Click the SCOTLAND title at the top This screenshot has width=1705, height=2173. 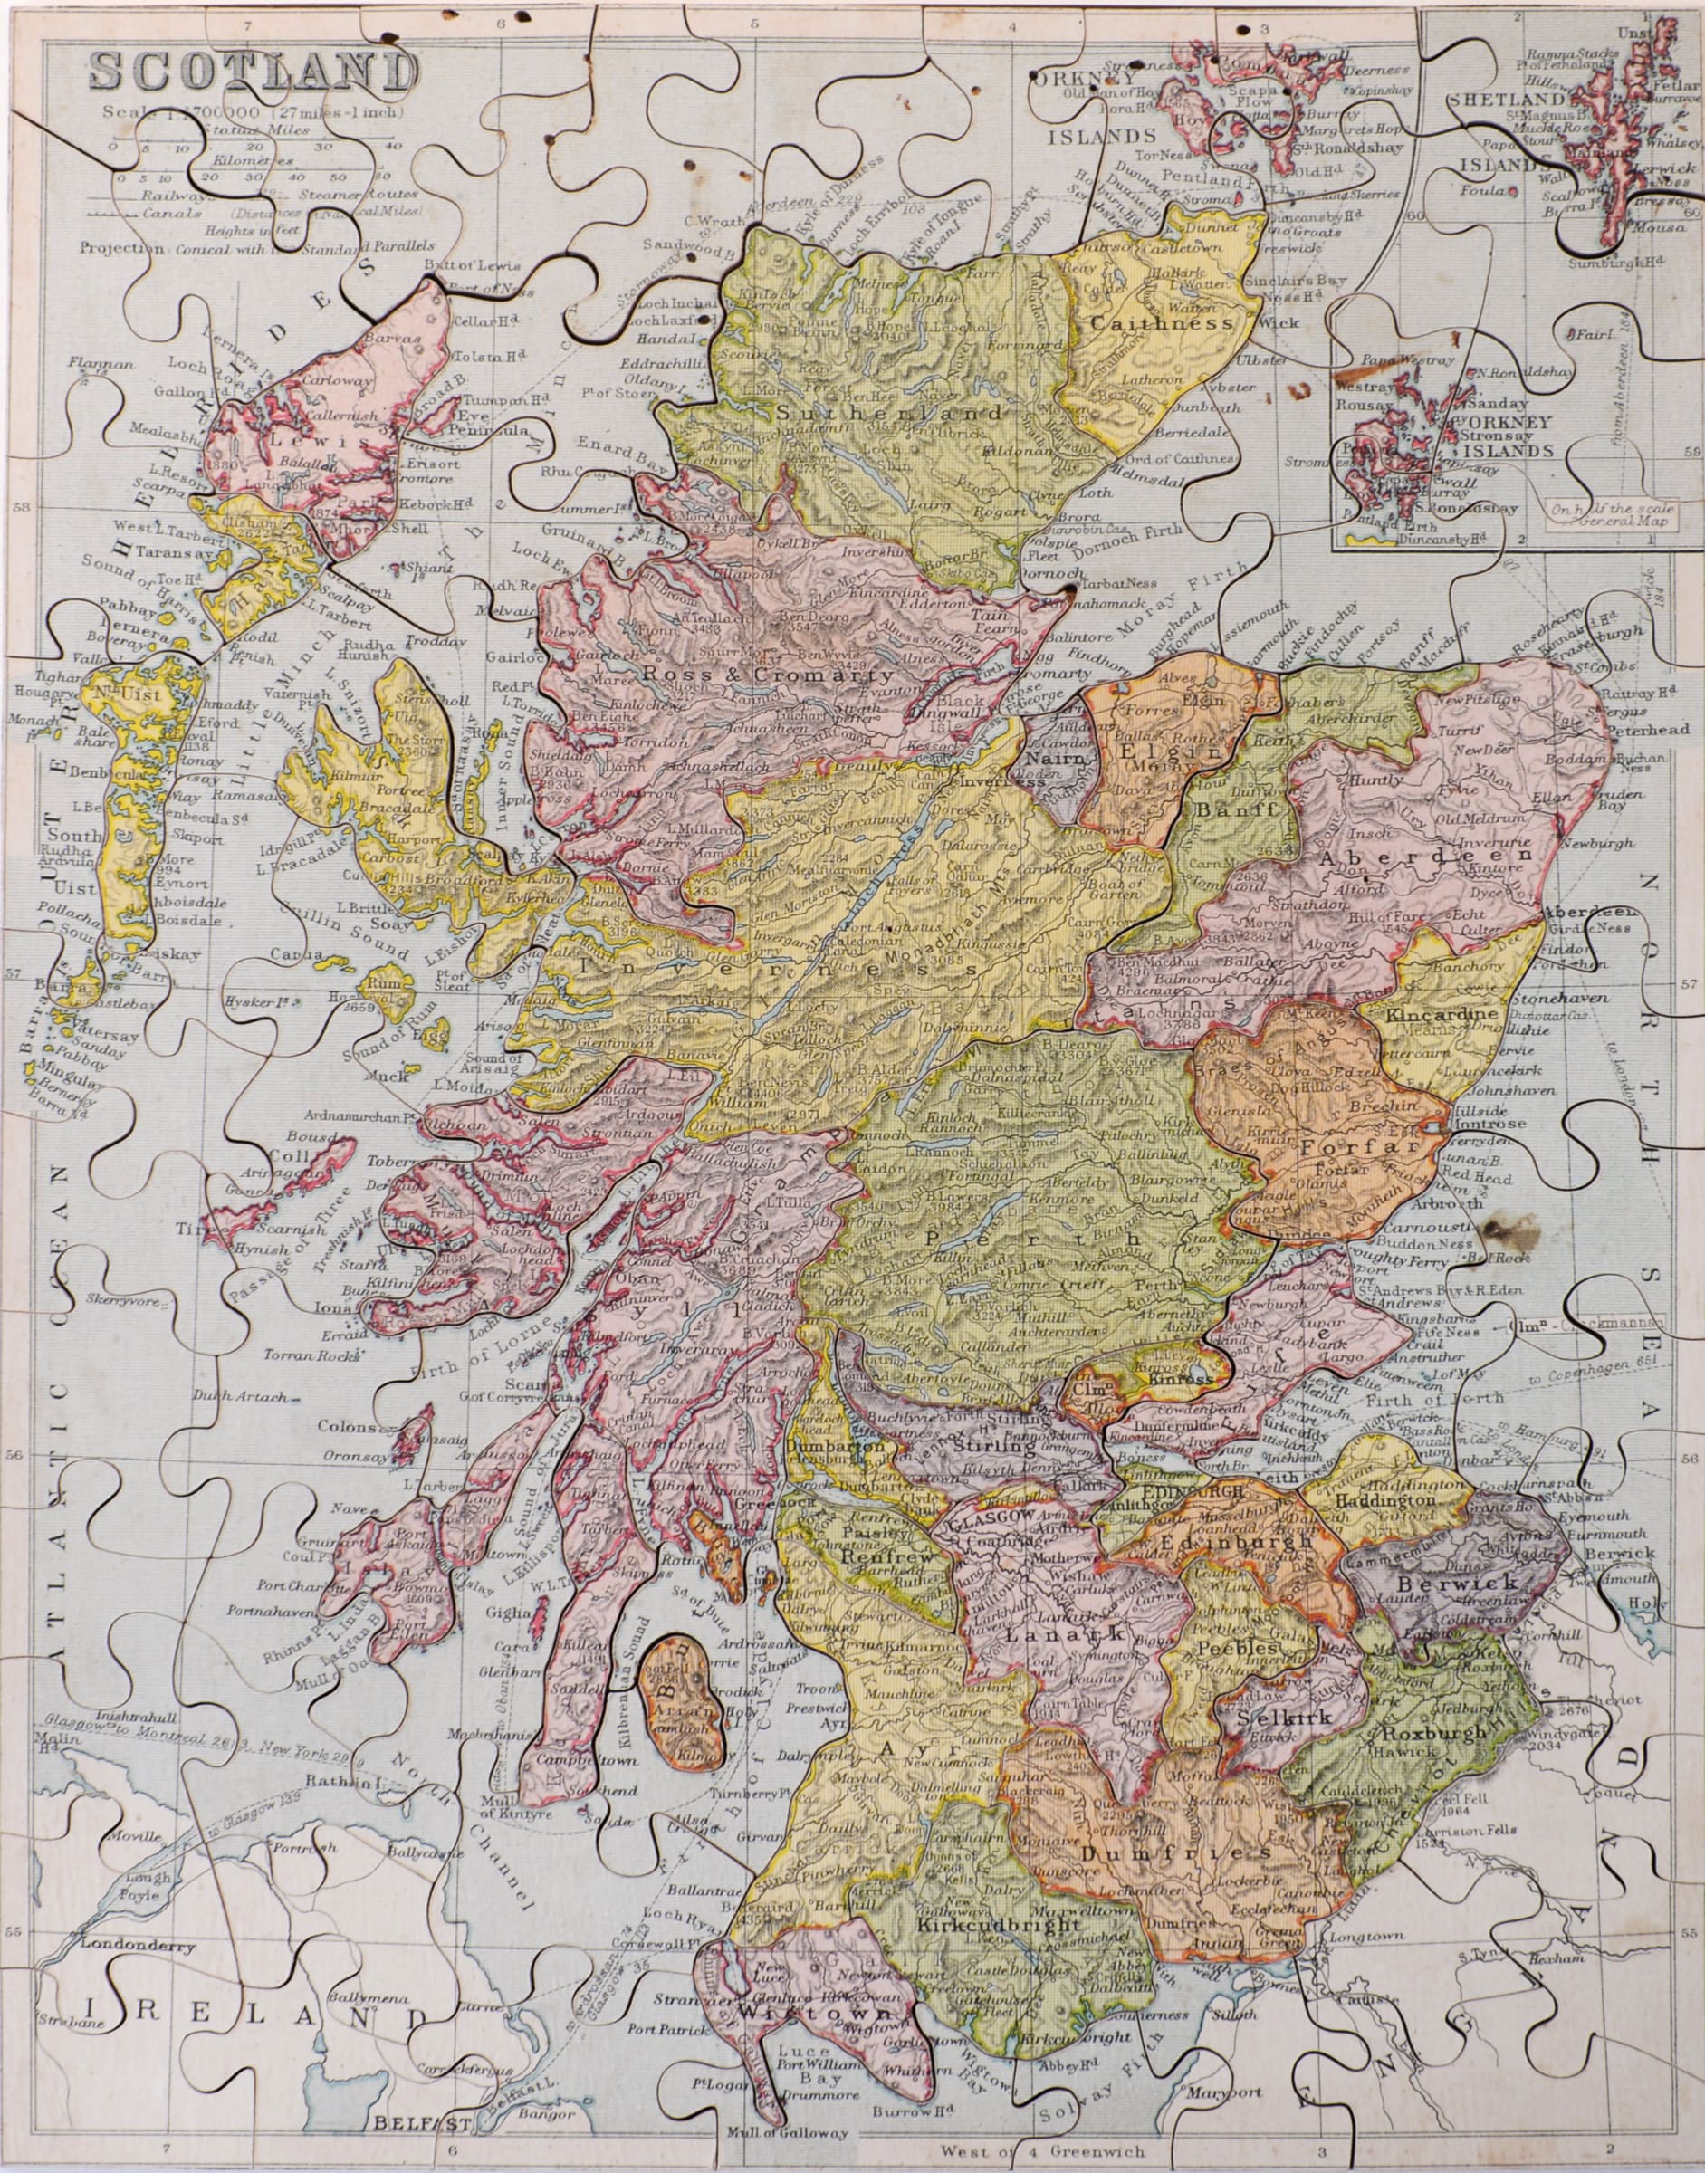(254, 72)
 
